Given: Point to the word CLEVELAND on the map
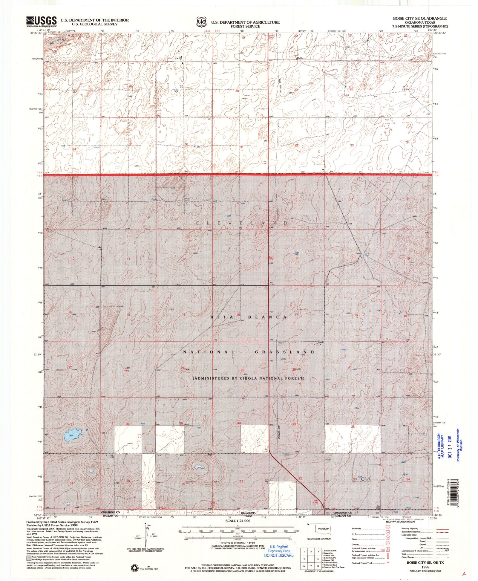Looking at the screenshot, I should click(x=242, y=223).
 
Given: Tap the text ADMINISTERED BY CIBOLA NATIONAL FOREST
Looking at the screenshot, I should click(x=249, y=378).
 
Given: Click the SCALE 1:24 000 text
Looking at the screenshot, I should click(x=238, y=521).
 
